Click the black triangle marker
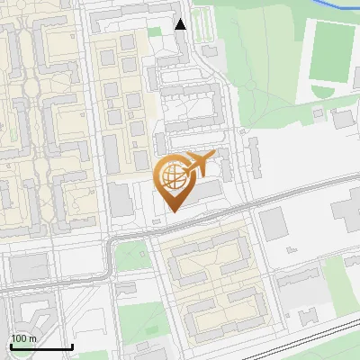click(x=181, y=24)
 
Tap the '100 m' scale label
click(x=23, y=338)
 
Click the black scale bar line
click(x=40, y=347)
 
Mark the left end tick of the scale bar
click(x=10, y=346)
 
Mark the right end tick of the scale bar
click(x=72, y=346)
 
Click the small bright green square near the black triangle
click(x=154, y=32)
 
